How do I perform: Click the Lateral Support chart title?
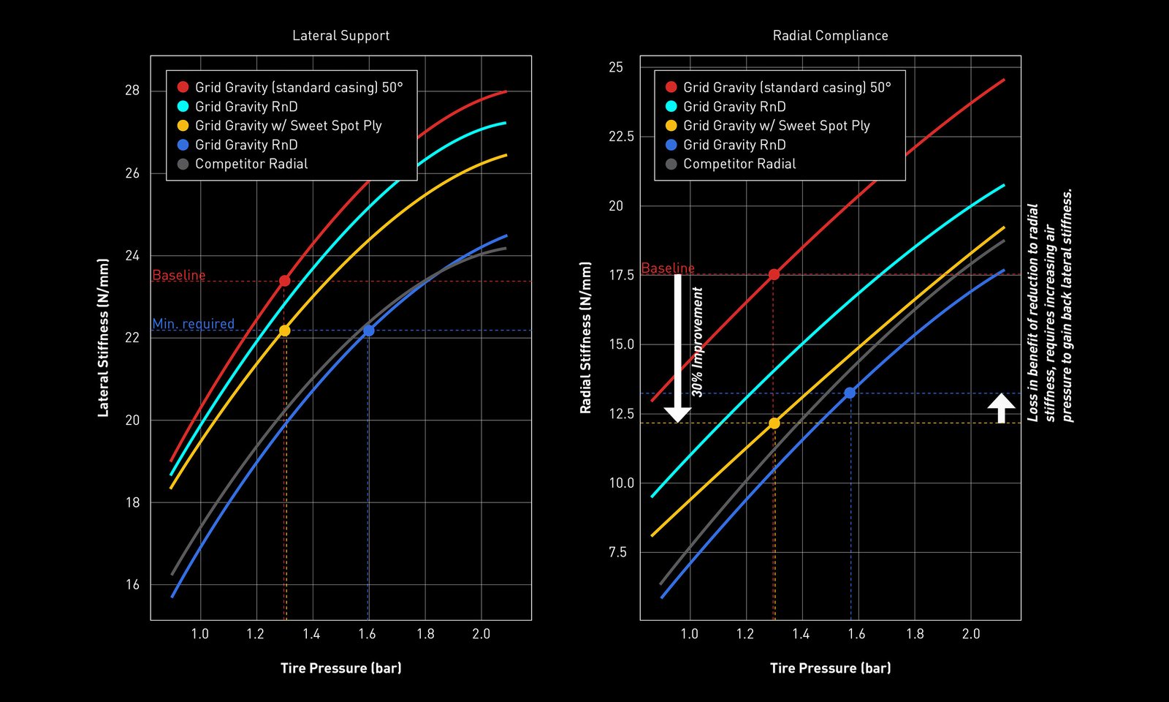(340, 36)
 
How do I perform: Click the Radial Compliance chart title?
(830, 36)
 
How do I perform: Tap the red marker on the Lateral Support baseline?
(285, 281)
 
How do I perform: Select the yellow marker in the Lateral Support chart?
(285, 331)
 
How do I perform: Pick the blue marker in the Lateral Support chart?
(369, 331)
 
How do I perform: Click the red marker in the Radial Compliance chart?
(774, 274)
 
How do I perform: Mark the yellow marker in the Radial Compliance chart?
(774, 423)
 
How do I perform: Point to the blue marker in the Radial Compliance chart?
(850, 393)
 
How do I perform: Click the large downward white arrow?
(677, 347)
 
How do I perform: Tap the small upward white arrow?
(1001, 407)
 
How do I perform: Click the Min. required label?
(193, 323)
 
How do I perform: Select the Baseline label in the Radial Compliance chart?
(668, 268)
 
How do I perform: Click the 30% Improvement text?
(697, 342)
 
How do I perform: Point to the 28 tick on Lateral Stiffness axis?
(132, 91)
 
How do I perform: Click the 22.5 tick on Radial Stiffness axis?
(621, 137)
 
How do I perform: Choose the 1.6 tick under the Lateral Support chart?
(368, 634)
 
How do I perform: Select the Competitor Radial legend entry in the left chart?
(251, 164)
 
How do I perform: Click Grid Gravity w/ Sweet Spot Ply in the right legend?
(776, 126)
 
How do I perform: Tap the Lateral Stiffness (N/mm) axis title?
(103, 338)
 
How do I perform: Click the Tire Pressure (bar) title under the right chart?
(830, 668)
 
